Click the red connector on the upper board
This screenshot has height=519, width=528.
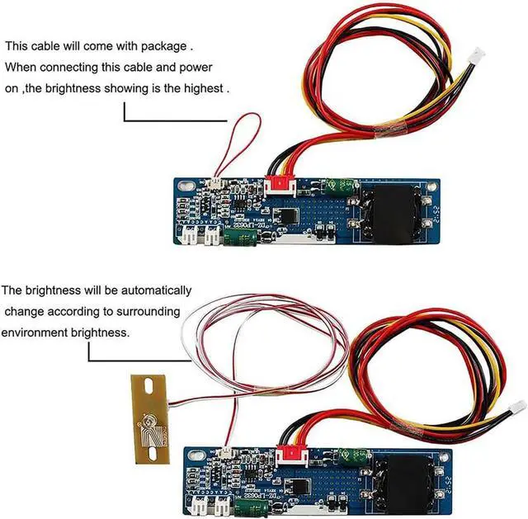tap(278, 186)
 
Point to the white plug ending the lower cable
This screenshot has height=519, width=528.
tap(518, 408)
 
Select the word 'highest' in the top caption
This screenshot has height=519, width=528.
tap(201, 87)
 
